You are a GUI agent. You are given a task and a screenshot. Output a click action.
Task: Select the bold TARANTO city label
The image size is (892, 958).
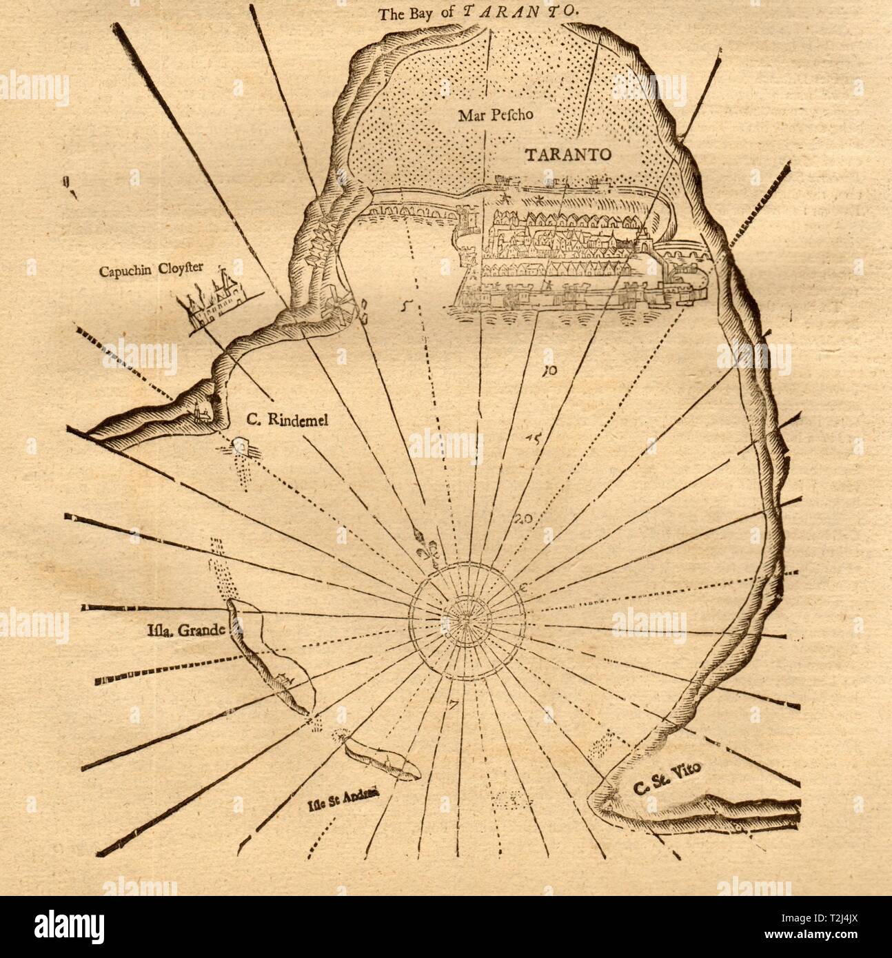[x=567, y=154]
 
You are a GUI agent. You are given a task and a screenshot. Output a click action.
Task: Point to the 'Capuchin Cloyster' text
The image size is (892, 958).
[x=152, y=269]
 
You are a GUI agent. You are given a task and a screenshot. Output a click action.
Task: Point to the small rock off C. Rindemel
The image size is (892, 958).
[x=241, y=445]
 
